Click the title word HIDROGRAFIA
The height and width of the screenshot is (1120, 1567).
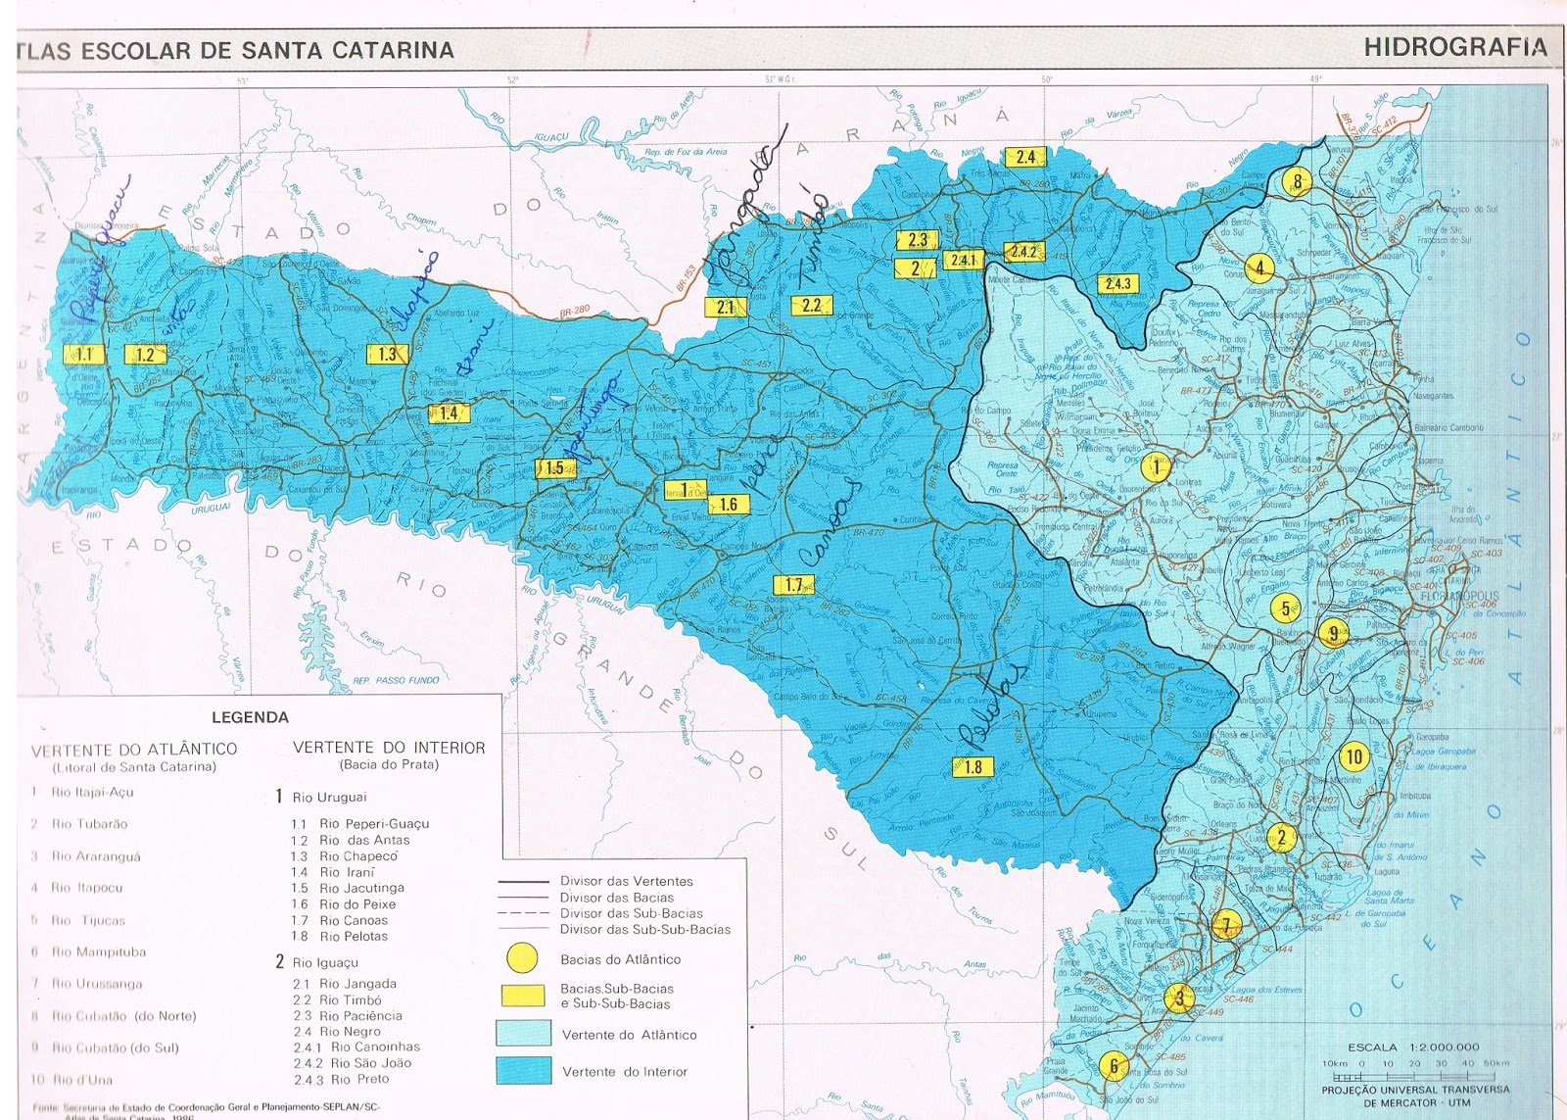click(x=1454, y=47)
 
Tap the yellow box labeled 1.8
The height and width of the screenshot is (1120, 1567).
click(x=973, y=767)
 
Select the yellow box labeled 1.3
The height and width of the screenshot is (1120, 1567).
click(x=388, y=354)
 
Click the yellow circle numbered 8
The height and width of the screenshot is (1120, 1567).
click(x=1298, y=181)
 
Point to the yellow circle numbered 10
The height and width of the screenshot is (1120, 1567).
click(x=1353, y=756)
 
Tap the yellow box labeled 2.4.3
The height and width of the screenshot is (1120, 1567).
click(x=1117, y=284)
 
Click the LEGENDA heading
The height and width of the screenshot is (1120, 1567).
click(x=250, y=717)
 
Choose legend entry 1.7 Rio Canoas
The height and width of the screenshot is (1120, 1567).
click(x=340, y=920)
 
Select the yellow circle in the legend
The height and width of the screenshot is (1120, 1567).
click(x=522, y=958)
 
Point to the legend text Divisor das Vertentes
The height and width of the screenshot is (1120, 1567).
click(x=626, y=881)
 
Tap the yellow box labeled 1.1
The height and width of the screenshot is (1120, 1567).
click(x=84, y=355)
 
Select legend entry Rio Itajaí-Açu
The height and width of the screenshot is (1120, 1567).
click(x=92, y=792)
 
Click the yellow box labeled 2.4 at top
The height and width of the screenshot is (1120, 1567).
click(x=1025, y=157)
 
